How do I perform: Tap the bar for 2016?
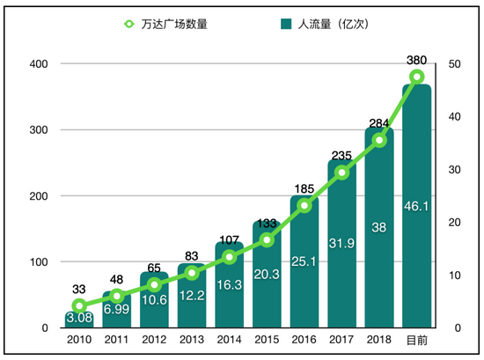coord(304,264)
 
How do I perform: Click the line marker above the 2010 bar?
coord(79,306)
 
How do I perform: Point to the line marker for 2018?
coord(379,140)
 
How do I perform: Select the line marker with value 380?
coord(417,77)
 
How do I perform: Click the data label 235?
coord(341,157)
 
